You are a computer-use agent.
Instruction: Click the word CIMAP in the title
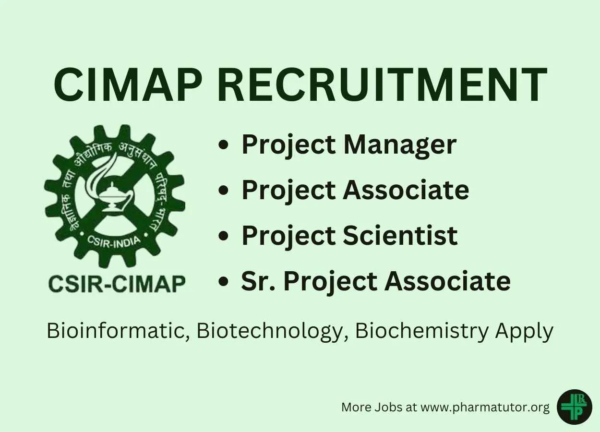127,84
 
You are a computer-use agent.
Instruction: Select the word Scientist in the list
400,236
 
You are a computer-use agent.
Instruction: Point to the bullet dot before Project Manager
223,145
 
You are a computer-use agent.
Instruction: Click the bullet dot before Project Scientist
223,236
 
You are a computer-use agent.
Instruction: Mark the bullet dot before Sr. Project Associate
223,281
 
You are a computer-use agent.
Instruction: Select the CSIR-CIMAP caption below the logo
117,284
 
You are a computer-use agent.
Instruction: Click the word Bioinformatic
118,331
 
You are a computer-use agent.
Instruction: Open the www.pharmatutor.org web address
485,408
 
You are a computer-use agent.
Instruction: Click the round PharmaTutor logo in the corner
574,407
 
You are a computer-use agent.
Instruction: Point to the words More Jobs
372,408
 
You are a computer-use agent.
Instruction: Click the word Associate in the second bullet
406,190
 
